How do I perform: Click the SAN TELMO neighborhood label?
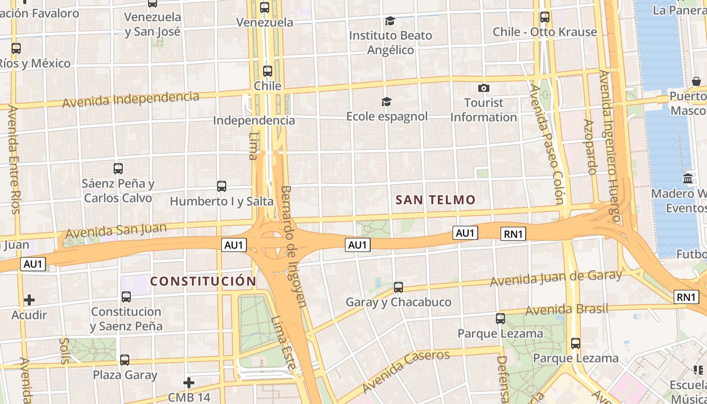[x=435, y=200]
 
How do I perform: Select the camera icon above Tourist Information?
[x=484, y=88]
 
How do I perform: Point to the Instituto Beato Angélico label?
[x=390, y=42]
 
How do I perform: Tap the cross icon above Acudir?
[x=29, y=300]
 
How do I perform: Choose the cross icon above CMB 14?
[x=189, y=383]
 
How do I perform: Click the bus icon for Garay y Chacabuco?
[x=398, y=287]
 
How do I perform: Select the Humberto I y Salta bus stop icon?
[x=221, y=186]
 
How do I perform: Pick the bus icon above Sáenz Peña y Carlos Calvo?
[x=118, y=169]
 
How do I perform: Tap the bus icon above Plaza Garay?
[x=125, y=360]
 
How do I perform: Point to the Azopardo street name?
[x=590, y=146]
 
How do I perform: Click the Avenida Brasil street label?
[x=567, y=309]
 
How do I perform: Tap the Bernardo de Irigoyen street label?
[x=293, y=246]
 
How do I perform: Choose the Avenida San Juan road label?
[x=116, y=231]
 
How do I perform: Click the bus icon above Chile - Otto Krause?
[x=545, y=17]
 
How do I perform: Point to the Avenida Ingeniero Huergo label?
[x=609, y=146]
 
